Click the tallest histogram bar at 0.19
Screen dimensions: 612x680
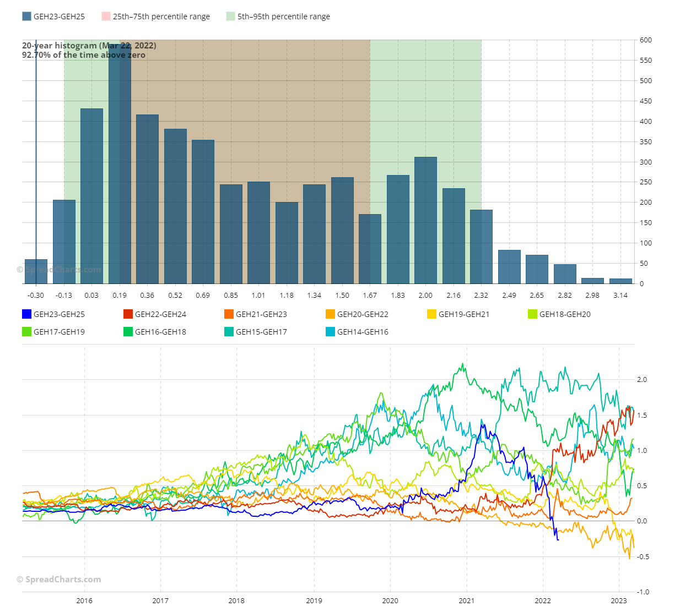click(x=120, y=165)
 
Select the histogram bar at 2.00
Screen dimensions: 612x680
click(x=425, y=220)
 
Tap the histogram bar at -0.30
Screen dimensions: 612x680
click(x=36, y=271)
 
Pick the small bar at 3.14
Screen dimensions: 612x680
click(x=620, y=281)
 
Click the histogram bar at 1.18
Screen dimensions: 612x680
click(x=287, y=243)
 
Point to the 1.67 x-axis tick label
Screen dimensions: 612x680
click(x=370, y=296)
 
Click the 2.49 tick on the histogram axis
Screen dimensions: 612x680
click(x=509, y=296)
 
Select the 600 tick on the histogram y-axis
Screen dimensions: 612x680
click(x=646, y=40)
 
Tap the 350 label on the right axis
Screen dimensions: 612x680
click(x=646, y=142)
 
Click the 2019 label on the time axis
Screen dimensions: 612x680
click(x=314, y=600)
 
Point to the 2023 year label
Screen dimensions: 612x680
click(x=619, y=600)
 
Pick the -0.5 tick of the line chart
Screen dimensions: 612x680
click(x=643, y=557)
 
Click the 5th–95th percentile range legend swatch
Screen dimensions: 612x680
click(x=230, y=17)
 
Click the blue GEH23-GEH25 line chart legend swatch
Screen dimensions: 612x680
click(x=26, y=314)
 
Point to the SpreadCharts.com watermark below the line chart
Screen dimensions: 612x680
click(x=59, y=580)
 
